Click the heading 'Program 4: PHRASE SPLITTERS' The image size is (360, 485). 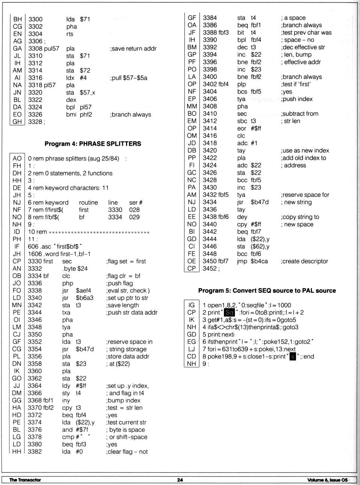(93, 144)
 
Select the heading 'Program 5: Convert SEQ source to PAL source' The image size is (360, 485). (267, 290)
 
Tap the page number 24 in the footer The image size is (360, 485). (180, 480)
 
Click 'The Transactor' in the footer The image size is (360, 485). (25, 480)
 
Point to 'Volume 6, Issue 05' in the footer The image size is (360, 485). (327, 480)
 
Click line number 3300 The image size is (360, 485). (36, 19)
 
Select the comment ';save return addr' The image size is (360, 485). (133, 48)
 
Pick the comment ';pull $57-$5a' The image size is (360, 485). (128, 78)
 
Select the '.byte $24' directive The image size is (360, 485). (75, 268)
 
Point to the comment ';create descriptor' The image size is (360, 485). (304, 261)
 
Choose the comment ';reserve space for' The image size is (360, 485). (304, 195)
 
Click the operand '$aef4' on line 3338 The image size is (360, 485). (83, 290)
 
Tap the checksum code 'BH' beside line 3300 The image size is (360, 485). (17, 19)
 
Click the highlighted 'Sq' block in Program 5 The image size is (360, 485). (229, 312)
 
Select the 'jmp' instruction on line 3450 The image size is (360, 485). (242, 261)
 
